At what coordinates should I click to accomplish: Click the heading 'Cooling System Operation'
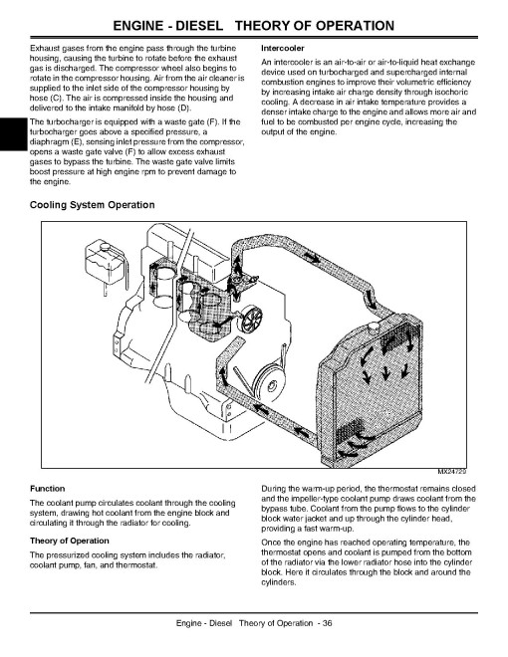(x=93, y=205)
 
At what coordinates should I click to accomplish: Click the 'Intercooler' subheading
(x=283, y=48)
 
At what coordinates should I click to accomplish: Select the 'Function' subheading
(x=48, y=489)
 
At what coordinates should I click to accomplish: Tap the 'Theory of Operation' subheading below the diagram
(x=69, y=541)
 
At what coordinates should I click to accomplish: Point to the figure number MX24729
(x=452, y=472)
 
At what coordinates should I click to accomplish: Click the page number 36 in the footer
(x=328, y=623)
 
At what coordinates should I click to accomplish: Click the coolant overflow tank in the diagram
(x=104, y=263)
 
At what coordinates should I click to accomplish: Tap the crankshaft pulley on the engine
(x=270, y=382)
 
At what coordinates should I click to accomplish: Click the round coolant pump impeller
(x=252, y=321)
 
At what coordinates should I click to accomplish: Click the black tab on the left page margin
(x=13, y=134)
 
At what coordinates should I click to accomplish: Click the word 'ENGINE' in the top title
(x=137, y=26)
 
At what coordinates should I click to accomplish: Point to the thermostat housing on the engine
(x=239, y=284)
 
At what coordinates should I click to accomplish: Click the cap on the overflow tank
(x=104, y=245)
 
